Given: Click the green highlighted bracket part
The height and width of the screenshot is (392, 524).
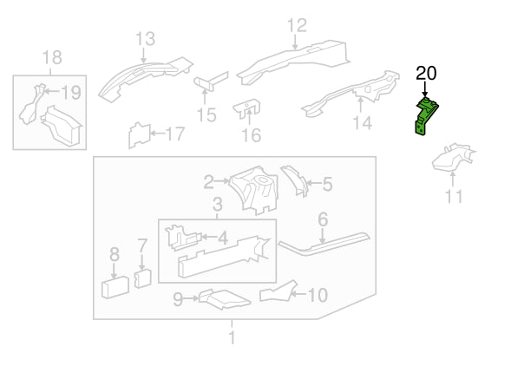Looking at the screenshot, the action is tap(426, 116).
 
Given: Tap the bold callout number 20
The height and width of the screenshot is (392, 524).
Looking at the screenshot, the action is tap(426, 74).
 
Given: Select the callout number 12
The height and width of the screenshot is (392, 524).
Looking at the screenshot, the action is tap(297, 25).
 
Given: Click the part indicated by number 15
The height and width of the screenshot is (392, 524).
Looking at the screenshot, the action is tap(211, 82).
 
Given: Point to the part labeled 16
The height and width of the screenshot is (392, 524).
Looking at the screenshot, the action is tap(247, 108).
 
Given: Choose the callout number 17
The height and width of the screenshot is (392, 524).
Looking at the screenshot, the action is tap(174, 134).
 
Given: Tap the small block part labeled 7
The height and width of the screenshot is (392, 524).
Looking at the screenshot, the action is tap(142, 278).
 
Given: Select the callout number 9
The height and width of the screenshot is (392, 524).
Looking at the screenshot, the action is tap(178, 299).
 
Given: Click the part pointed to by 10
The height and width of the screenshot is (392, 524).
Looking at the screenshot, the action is tap(278, 291).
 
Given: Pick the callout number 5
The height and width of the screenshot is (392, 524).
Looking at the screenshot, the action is tap(327, 184).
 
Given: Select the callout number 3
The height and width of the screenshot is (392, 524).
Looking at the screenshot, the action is tap(217, 204).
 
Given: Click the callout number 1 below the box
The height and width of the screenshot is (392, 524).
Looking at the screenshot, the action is tap(232, 337).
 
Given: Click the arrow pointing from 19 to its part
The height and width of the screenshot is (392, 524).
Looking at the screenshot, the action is tap(52, 91).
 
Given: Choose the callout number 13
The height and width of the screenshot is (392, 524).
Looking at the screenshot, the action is tap(146, 39).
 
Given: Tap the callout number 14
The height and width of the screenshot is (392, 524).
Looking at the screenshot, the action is tap(363, 123).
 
